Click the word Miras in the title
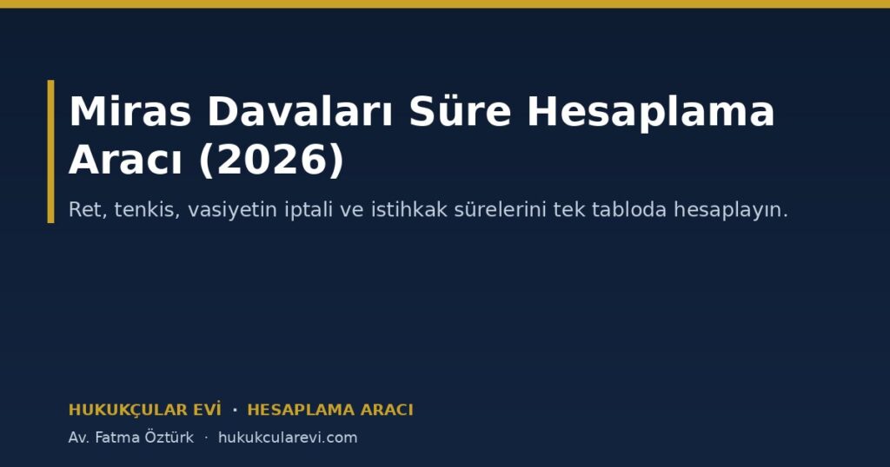tap(130, 111)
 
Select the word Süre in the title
tap(461, 111)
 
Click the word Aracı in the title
tap(125, 161)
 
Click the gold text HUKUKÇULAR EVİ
tap(145, 410)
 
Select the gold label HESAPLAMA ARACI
tap(330, 410)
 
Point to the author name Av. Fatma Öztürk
tap(131, 437)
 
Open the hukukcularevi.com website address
tap(288, 437)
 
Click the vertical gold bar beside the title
tap(51, 151)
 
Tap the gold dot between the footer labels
tap(235, 410)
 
